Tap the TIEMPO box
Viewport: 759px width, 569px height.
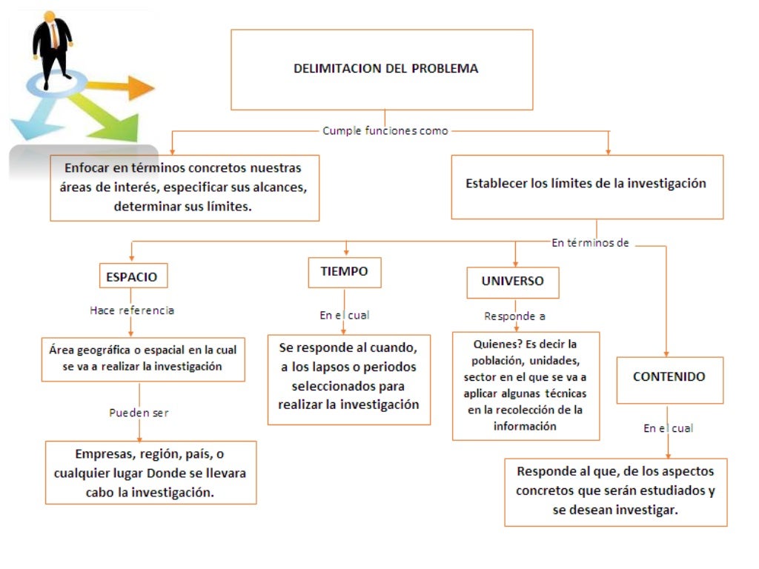click(x=344, y=272)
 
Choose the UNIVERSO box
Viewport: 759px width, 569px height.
click(x=512, y=282)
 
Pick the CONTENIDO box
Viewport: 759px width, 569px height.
click(x=669, y=376)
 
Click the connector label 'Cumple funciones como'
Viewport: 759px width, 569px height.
click(x=385, y=131)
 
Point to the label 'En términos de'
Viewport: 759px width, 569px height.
click(x=591, y=242)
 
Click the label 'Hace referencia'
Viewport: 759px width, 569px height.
click(x=132, y=310)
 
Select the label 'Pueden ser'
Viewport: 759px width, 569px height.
click(x=139, y=412)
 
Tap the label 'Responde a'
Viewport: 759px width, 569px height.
click(x=514, y=316)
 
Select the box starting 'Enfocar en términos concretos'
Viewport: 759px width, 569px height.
click(x=185, y=187)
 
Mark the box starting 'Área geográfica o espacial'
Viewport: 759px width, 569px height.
click(x=142, y=359)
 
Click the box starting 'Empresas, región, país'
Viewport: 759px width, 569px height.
click(x=150, y=473)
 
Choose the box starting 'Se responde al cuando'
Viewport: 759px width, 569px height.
click(x=348, y=377)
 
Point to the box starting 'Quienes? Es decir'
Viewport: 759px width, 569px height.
click(x=525, y=385)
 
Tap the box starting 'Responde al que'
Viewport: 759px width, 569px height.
click(x=615, y=491)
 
